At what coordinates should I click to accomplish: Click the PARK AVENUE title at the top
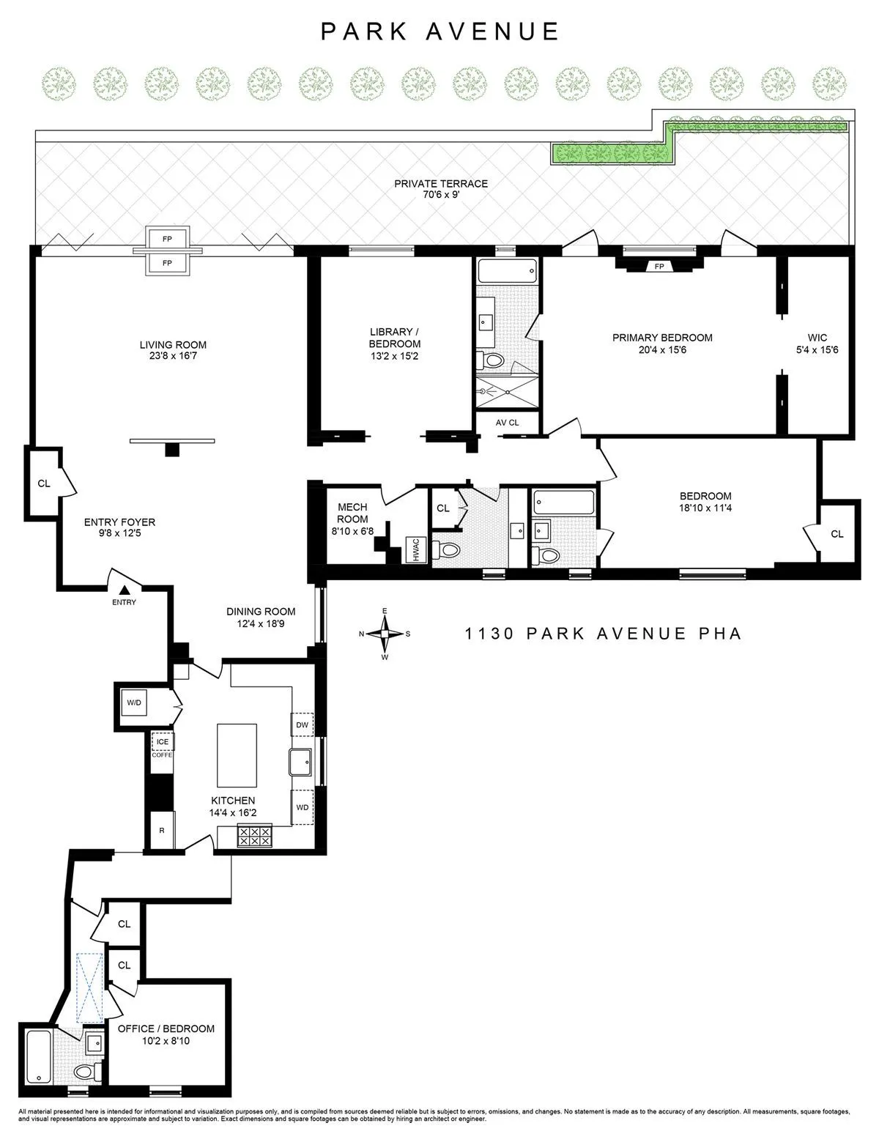click(440, 31)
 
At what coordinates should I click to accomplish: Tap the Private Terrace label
click(441, 184)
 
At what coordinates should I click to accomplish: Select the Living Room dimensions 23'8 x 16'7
click(173, 357)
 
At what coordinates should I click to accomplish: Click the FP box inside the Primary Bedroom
click(659, 266)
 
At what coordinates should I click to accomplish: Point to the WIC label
click(817, 338)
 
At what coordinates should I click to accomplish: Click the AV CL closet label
click(507, 423)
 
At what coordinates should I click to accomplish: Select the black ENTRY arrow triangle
click(125, 589)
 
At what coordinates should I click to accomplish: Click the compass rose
click(385, 634)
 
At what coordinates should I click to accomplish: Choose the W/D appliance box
click(134, 703)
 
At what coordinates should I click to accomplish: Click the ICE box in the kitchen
click(162, 741)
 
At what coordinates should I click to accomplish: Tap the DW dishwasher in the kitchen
click(302, 725)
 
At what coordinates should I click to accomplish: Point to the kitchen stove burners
click(254, 837)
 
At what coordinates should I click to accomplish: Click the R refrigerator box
click(161, 831)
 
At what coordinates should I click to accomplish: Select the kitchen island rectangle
click(237, 755)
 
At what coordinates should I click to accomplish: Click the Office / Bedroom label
click(166, 1029)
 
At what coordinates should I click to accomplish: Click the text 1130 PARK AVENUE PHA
click(604, 634)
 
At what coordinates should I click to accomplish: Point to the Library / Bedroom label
click(395, 338)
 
